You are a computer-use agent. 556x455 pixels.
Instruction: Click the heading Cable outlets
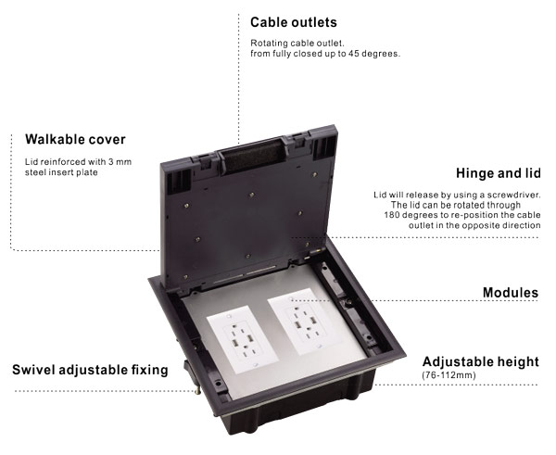click(294, 22)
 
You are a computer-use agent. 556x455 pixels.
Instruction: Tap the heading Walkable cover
click(75, 139)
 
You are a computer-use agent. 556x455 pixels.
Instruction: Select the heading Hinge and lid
click(499, 173)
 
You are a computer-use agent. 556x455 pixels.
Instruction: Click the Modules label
click(511, 293)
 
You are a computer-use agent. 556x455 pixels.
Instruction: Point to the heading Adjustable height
click(480, 361)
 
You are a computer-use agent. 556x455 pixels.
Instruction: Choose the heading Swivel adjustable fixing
click(90, 370)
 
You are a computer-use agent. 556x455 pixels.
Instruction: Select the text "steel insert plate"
click(61, 172)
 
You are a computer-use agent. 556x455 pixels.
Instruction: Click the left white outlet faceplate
click(242, 340)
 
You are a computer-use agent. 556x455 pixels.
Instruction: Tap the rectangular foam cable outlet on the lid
click(252, 156)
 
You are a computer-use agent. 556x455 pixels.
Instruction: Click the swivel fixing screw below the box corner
click(197, 389)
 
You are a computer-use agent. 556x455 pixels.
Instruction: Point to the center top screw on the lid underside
click(251, 195)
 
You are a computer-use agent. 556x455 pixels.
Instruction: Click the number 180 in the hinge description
click(392, 215)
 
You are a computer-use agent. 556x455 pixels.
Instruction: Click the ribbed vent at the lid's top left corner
click(179, 181)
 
